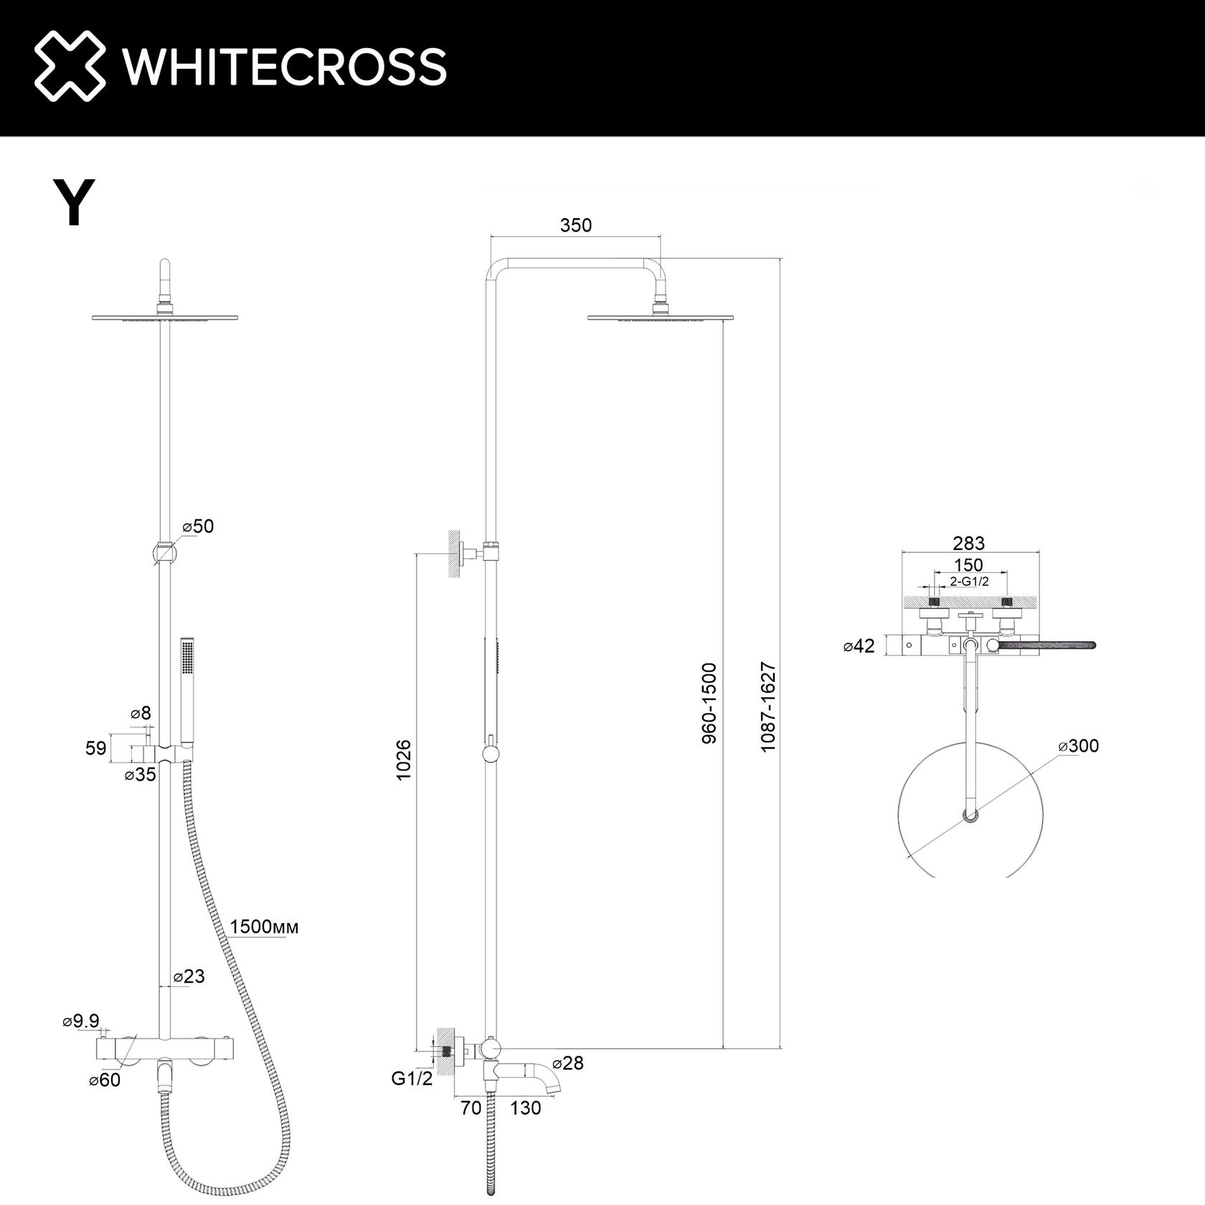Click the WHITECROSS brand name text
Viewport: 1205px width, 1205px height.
point(285,67)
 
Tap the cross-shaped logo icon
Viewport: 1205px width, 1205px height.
point(70,67)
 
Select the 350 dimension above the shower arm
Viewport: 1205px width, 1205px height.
point(576,225)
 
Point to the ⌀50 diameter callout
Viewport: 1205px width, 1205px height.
point(199,526)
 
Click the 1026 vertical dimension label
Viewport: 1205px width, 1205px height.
point(404,760)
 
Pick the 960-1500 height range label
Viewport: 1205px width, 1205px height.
point(709,703)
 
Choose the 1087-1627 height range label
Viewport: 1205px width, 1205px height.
point(769,707)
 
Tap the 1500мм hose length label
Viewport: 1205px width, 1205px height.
point(264,927)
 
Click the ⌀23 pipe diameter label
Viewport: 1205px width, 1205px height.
point(189,976)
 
